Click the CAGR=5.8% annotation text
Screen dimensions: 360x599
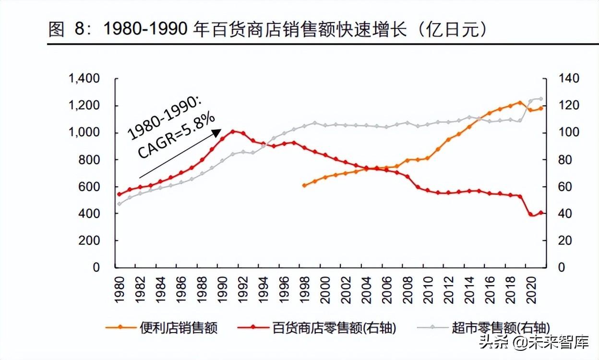[x=176, y=136]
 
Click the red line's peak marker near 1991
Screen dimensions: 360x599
[x=233, y=131]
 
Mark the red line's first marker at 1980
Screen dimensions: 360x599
[x=120, y=194]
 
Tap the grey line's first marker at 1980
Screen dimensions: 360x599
[x=120, y=204]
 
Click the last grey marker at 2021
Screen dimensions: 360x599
[x=541, y=99]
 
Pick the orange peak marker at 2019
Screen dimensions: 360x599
[x=520, y=103]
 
